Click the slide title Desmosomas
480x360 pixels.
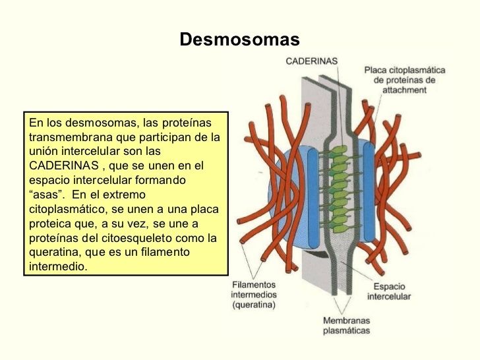(x=239, y=40)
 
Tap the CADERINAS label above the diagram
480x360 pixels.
(x=311, y=61)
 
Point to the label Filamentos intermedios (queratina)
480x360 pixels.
(x=254, y=295)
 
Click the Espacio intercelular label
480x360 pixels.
(x=392, y=291)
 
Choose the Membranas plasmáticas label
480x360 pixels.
(x=346, y=326)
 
